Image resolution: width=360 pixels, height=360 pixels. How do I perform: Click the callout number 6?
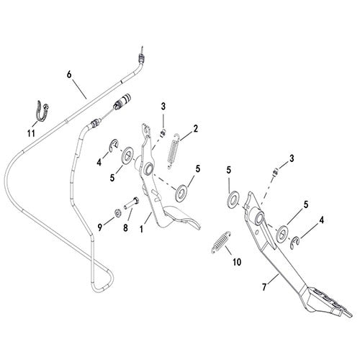(x=69, y=75)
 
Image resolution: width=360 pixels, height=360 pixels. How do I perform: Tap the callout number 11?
(x=31, y=133)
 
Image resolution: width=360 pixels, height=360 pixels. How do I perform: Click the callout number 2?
(x=196, y=129)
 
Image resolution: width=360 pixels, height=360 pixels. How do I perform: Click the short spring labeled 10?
(x=221, y=242)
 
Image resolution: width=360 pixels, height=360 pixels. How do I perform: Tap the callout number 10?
(x=237, y=262)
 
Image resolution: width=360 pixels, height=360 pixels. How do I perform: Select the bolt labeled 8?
(x=132, y=204)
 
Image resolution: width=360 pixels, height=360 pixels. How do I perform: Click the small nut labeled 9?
(x=118, y=212)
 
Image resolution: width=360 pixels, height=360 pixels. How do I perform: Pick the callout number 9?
(x=100, y=228)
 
